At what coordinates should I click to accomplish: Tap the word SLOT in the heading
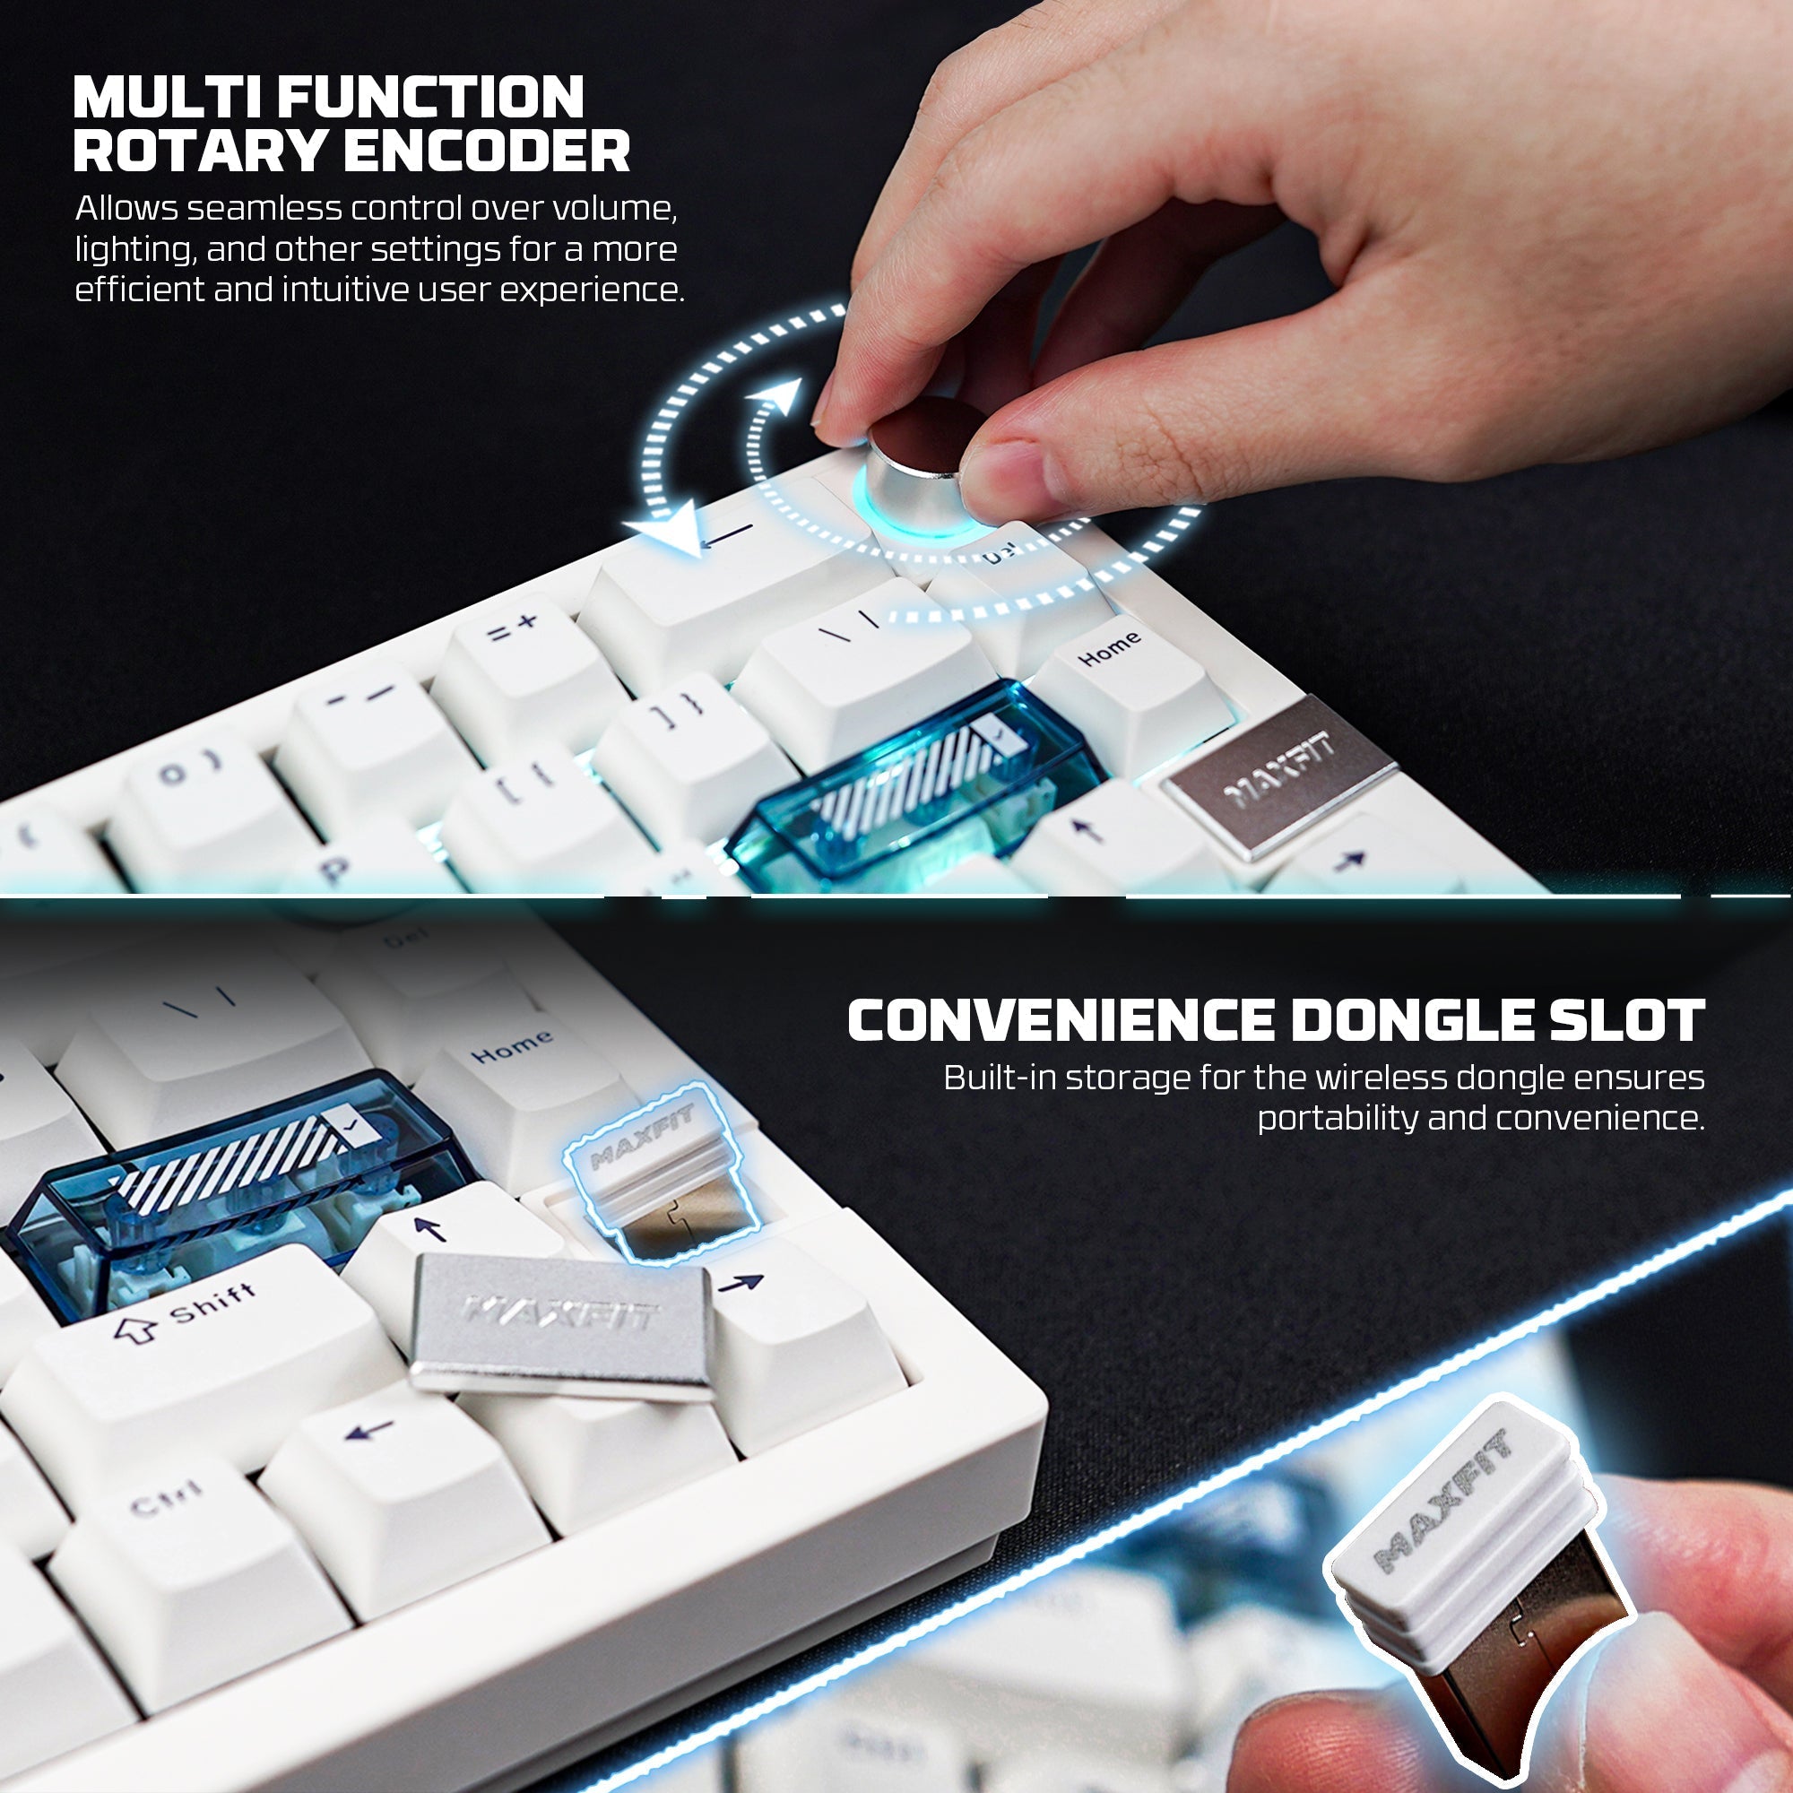click(x=1633, y=1021)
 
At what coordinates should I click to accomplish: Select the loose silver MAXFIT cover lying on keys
click(x=561, y=1322)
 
